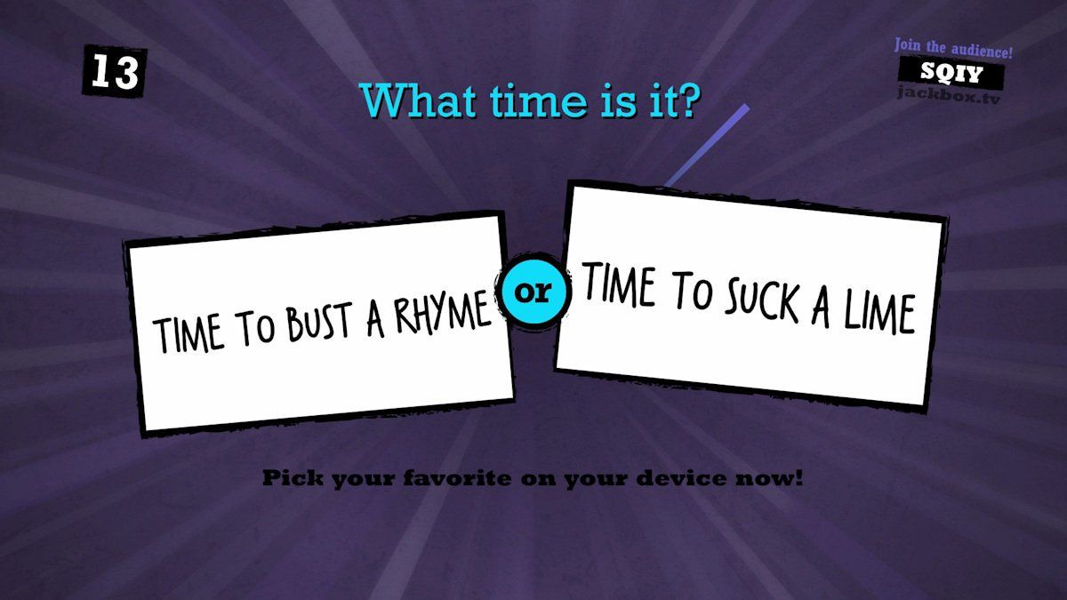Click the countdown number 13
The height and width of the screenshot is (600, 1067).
[x=115, y=72]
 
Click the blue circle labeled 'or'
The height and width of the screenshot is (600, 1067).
[x=534, y=292]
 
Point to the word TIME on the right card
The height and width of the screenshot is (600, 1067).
[x=619, y=286]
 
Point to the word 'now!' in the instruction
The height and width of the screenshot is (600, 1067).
[x=773, y=479]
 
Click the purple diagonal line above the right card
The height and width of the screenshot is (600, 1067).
[x=707, y=147]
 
